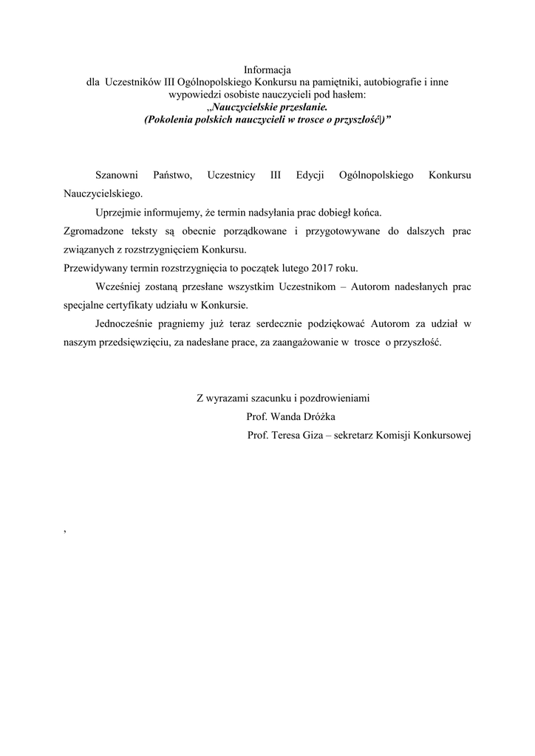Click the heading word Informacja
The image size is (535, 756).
(x=267, y=70)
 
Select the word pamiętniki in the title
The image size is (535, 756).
(x=345, y=82)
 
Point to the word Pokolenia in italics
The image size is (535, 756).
(x=168, y=118)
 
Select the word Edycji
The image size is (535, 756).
(x=310, y=175)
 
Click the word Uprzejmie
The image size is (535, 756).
(x=119, y=213)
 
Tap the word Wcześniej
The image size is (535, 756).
(x=119, y=286)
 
